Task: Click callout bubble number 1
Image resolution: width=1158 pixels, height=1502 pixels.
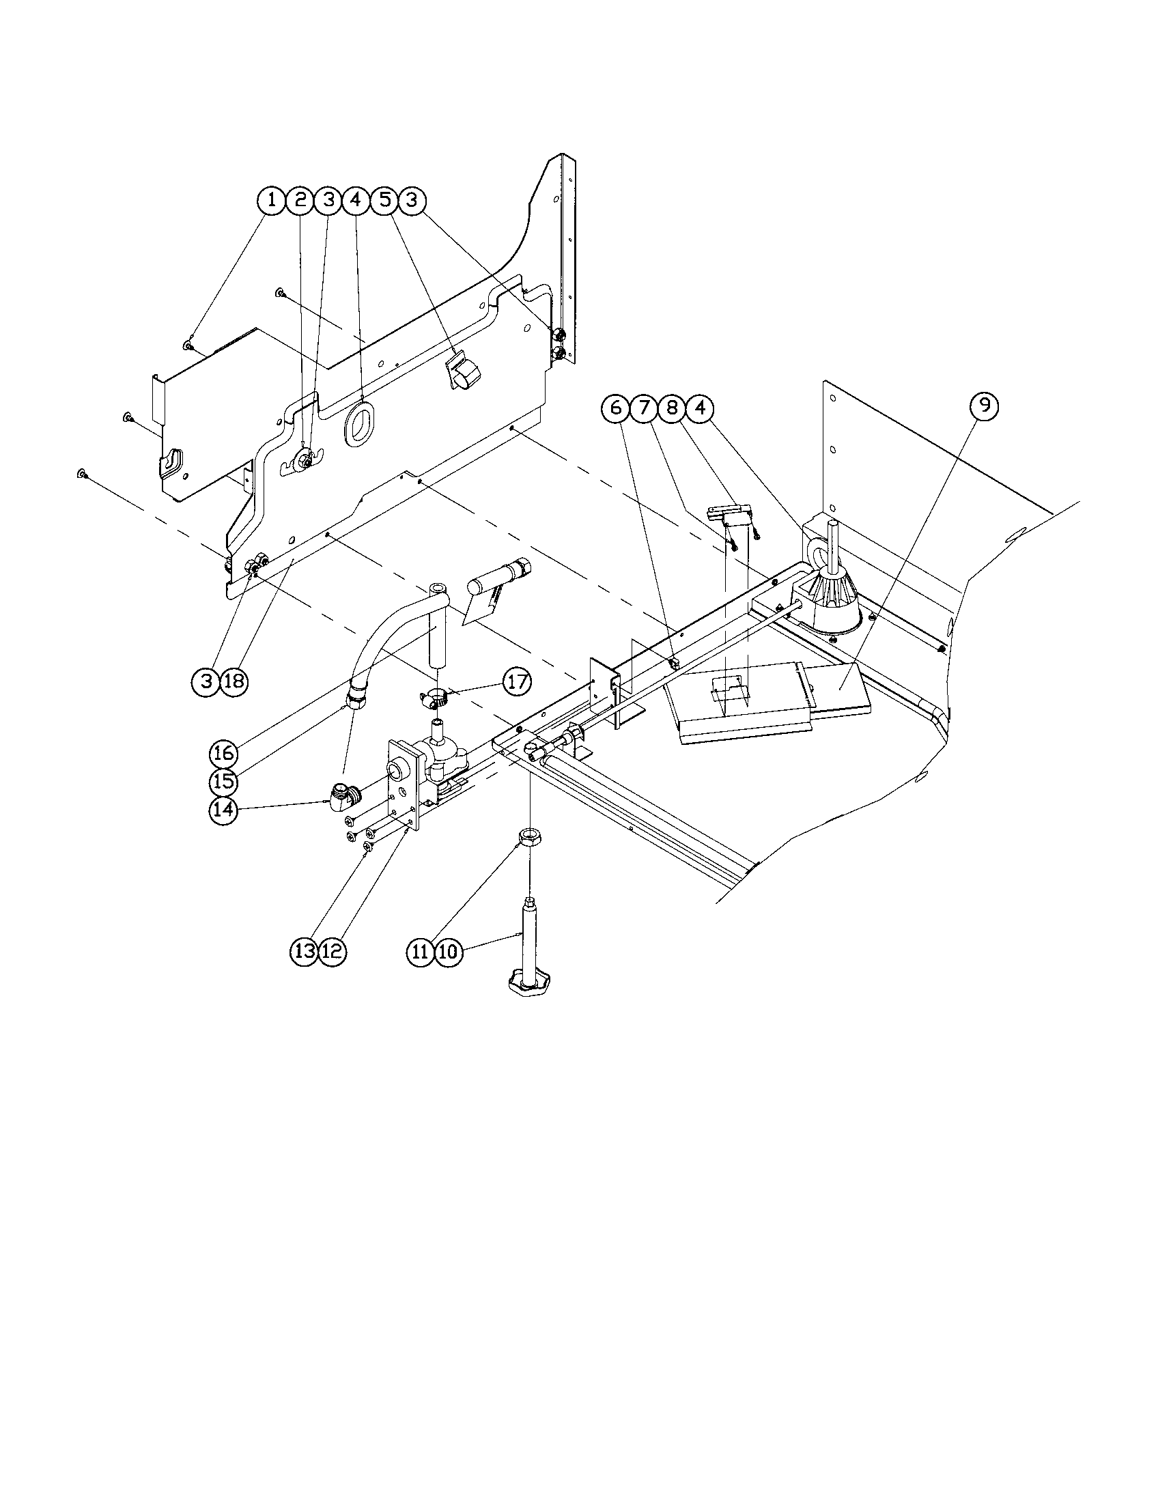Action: tap(272, 201)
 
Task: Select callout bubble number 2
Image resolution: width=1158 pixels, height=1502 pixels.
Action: tap(300, 201)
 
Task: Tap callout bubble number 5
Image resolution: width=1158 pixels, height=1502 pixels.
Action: tap(384, 201)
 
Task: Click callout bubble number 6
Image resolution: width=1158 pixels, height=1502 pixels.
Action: tap(615, 408)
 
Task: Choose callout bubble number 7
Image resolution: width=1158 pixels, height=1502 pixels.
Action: tap(644, 408)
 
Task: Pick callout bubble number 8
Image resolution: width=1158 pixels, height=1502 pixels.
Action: tap(672, 408)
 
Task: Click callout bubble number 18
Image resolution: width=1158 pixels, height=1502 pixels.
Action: tap(234, 681)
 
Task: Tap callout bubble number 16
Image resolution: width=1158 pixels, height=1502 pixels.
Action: tap(224, 753)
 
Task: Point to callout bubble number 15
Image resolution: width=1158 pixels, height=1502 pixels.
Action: tap(224, 781)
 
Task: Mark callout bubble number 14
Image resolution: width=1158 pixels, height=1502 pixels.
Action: tap(224, 810)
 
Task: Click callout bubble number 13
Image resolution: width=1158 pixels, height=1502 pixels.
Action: tap(304, 952)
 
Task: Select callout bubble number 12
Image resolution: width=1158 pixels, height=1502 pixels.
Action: tap(331, 952)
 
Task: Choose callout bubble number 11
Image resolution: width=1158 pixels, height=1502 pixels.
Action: tap(420, 952)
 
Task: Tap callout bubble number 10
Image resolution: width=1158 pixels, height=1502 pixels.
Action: tap(448, 952)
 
